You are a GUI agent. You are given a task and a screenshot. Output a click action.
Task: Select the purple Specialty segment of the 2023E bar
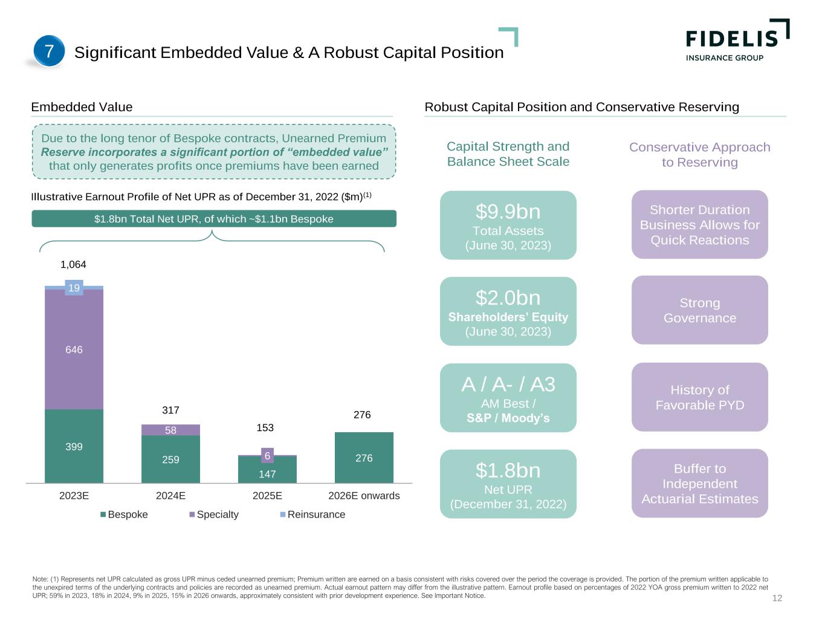click(x=74, y=349)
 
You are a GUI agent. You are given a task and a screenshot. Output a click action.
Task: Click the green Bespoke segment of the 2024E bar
click(x=170, y=459)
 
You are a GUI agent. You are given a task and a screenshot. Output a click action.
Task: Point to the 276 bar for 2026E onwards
click(x=364, y=458)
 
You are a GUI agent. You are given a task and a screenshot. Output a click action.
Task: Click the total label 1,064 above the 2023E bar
click(x=74, y=265)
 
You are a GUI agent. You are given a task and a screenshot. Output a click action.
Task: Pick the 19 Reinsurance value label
click(x=74, y=288)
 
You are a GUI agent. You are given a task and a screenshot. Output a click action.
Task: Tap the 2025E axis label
click(x=267, y=496)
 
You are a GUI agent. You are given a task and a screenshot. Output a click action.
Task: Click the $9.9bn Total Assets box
click(x=508, y=225)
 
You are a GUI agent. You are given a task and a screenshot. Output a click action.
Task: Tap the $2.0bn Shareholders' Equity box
click(x=508, y=311)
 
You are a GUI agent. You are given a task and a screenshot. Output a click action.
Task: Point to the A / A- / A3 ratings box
click(x=508, y=398)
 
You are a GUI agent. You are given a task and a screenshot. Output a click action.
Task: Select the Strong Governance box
click(x=699, y=310)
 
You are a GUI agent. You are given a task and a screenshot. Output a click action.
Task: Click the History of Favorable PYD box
click(x=699, y=397)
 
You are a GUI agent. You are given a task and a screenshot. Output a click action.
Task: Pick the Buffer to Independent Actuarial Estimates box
click(x=699, y=483)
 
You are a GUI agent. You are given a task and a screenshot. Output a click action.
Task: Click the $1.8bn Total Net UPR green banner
click(x=214, y=219)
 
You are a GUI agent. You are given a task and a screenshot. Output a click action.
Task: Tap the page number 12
click(x=777, y=598)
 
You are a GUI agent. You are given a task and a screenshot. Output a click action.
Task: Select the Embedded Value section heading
click(x=82, y=107)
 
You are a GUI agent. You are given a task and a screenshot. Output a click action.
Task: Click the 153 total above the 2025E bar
click(x=265, y=428)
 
